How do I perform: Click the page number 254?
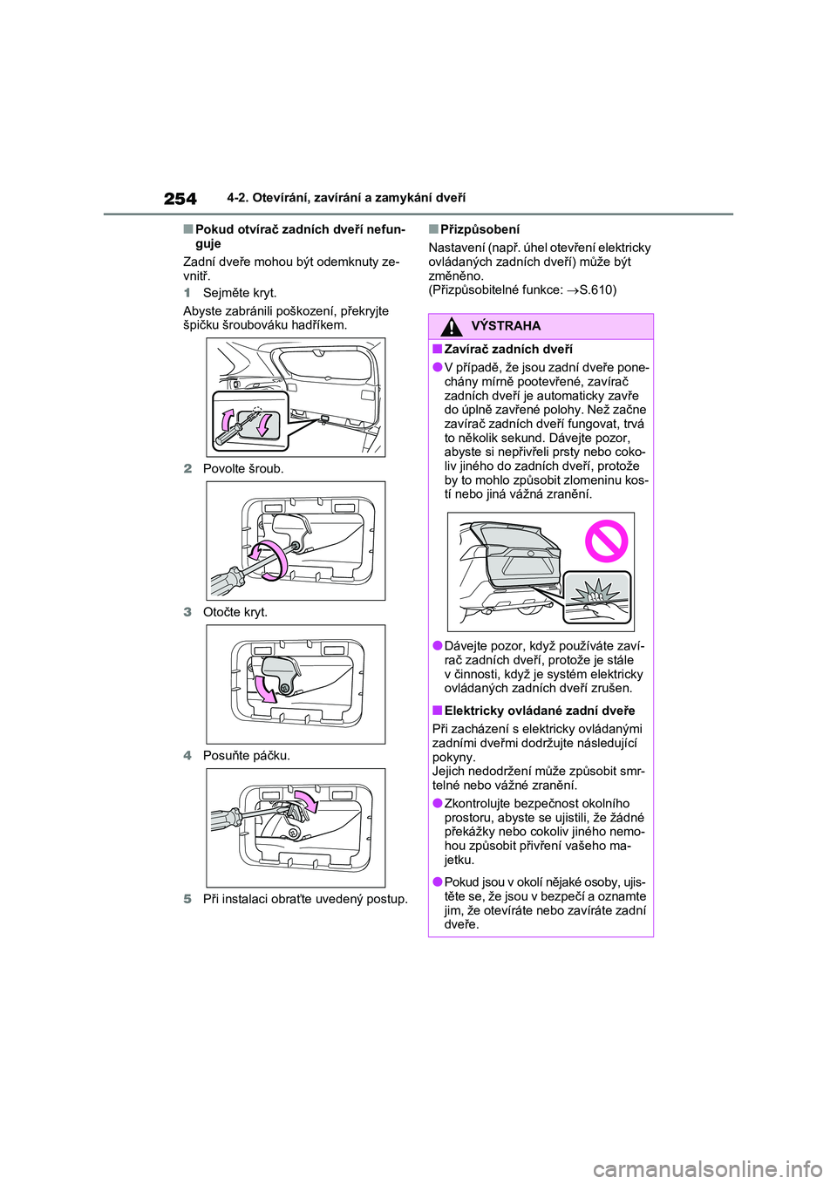pyautogui.click(x=180, y=199)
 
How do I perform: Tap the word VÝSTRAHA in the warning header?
pyautogui.click(x=506, y=326)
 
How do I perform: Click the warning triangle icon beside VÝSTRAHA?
pyautogui.click(x=452, y=327)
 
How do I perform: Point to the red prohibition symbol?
pyautogui.click(x=606, y=541)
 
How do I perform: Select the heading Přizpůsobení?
pyautogui.click(x=480, y=229)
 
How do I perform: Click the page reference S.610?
pyautogui.click(x=596, y=289)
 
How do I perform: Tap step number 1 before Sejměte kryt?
pyautogui.click(x=187, y=293)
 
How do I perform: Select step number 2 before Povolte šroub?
pyautogui.click(x=187, y=468)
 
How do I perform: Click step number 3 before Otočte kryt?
pyautogui.click(x=187, y=612)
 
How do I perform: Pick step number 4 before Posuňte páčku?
pyautogui.click(x=187, y=755)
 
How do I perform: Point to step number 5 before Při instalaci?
pyautogui.click(x=187, y=899)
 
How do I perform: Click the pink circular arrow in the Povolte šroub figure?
pyautogui.click(x=270, y=559)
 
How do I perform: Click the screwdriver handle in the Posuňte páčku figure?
pyautogui.click(x=225, y=820)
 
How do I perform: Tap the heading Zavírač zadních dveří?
pyautogui.click(x=508, y=350)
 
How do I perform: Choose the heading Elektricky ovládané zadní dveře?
pyautogui.click(x=540, y=711)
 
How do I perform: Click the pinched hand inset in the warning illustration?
pyautogui.click(x=597, y=597)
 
